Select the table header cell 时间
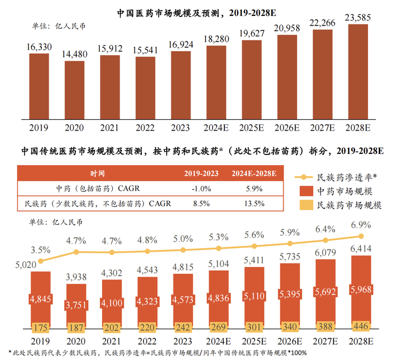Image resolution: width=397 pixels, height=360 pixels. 97,173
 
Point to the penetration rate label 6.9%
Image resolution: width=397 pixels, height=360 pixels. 361,225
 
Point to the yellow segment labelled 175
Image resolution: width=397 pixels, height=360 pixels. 40,327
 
